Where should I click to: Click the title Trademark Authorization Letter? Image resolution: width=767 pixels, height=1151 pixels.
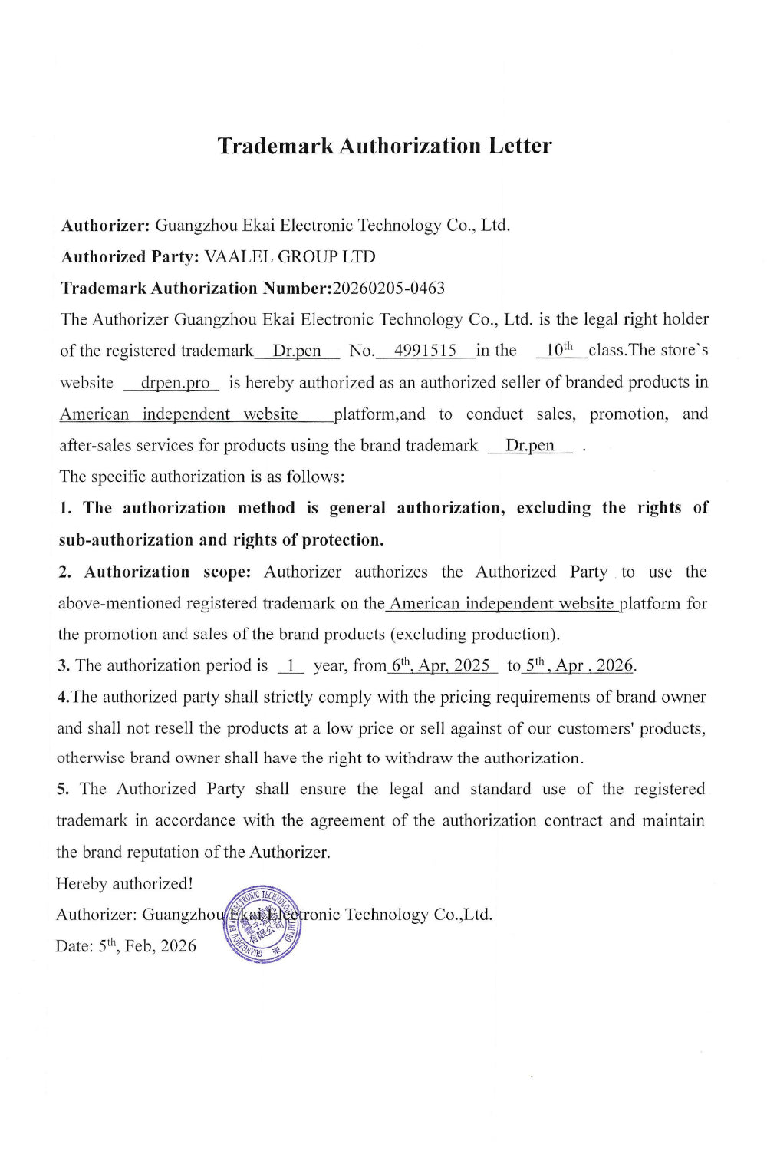(384, 146)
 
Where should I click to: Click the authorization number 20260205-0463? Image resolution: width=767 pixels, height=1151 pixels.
(389, 289)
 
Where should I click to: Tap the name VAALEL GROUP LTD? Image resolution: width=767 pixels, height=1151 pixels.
(290, 257)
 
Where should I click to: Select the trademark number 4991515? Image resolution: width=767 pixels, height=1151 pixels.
(425, 351)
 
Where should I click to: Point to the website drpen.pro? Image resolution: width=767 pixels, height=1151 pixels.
(175, 383)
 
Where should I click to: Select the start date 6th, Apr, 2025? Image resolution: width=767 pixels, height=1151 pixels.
(440, 666)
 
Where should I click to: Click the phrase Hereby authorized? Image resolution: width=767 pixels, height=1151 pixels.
(124, 884)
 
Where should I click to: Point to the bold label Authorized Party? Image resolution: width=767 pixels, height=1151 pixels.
(130, 257)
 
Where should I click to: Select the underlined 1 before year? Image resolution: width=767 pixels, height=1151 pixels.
(291, 666)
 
